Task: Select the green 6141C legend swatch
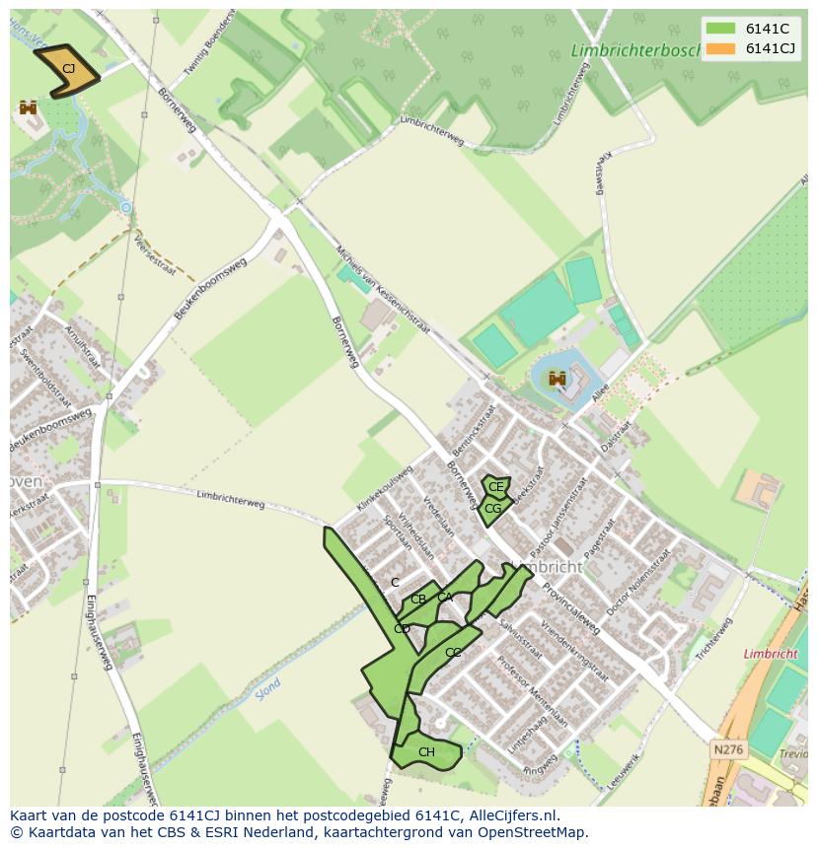click(720, 29)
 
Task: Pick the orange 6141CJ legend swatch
click(720, 48)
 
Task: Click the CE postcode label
click(496, 487)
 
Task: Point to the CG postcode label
click(492, 509)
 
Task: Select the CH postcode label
click(426, 752)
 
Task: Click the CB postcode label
click(418, 600)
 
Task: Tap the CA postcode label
click(445, 597)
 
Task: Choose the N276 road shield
click(728, 750)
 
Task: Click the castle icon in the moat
click(557, 379)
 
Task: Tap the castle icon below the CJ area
click(28, 107)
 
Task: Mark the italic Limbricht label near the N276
click(770, 654)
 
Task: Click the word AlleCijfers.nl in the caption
click(513, 815)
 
